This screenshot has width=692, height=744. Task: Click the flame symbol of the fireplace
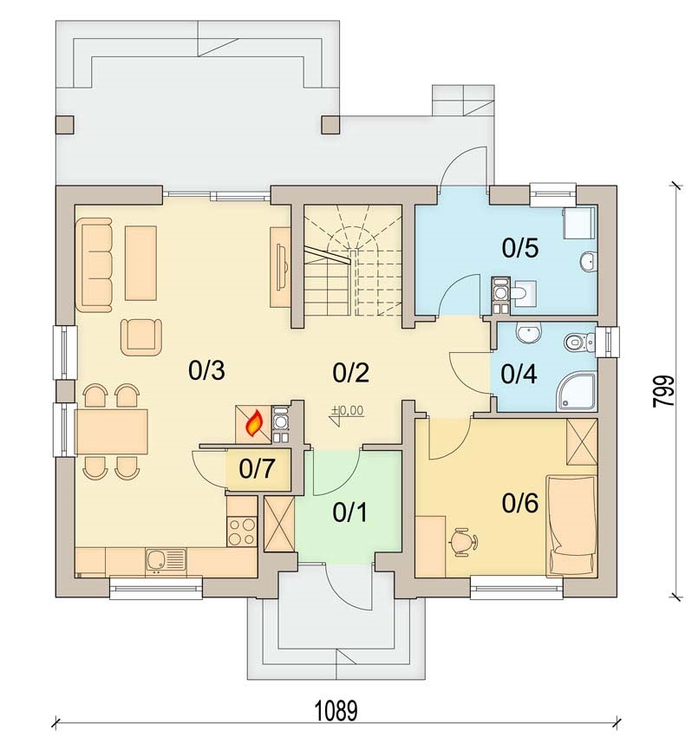tap(254, 423)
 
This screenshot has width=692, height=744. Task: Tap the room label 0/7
tap(257, 469)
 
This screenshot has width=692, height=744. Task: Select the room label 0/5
tap(520, 248)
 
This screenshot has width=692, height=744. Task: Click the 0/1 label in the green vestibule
tap(349, 512)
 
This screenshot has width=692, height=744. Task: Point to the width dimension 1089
tap(336, 711)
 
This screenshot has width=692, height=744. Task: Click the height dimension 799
tap(663, 391)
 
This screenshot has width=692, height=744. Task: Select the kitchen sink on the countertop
tap(165, 561)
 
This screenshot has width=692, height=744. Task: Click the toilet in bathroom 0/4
tap(580, 341)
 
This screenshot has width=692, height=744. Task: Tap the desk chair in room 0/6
tap(463, 540)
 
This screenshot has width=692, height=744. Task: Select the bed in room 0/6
tap(571, 525)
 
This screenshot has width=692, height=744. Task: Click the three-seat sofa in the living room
tap(94, 264)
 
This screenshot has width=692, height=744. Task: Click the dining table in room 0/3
tap(112, 432)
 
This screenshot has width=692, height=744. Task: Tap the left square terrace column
tap(65, 124)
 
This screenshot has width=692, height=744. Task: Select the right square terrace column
tap(330, 124)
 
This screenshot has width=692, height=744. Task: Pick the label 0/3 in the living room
tap(206, 370)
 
